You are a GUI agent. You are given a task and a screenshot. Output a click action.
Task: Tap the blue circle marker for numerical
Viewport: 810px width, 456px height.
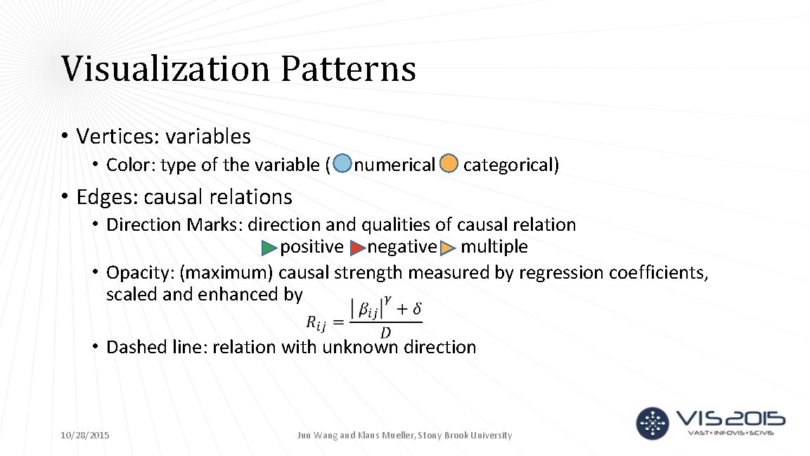[342, 164]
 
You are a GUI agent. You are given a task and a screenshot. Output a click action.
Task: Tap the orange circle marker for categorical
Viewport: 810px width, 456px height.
[449, 164]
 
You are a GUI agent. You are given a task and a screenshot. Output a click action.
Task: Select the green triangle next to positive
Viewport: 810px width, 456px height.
[269, 248]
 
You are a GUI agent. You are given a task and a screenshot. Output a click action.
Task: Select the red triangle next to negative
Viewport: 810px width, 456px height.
[357, 248]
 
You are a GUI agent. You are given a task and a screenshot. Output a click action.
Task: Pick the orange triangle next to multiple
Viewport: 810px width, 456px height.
[448, 248]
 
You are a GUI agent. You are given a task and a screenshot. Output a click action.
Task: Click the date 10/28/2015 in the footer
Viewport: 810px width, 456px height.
[85, 436]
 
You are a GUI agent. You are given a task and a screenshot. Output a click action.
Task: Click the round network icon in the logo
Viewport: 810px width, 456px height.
[653, 423]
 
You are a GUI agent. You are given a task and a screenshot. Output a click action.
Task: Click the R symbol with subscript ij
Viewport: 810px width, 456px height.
[316, 323]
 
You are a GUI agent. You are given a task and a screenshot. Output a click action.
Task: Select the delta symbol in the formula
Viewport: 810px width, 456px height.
[416, 309]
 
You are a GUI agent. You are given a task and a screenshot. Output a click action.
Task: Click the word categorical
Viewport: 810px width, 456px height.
[510, 165]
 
